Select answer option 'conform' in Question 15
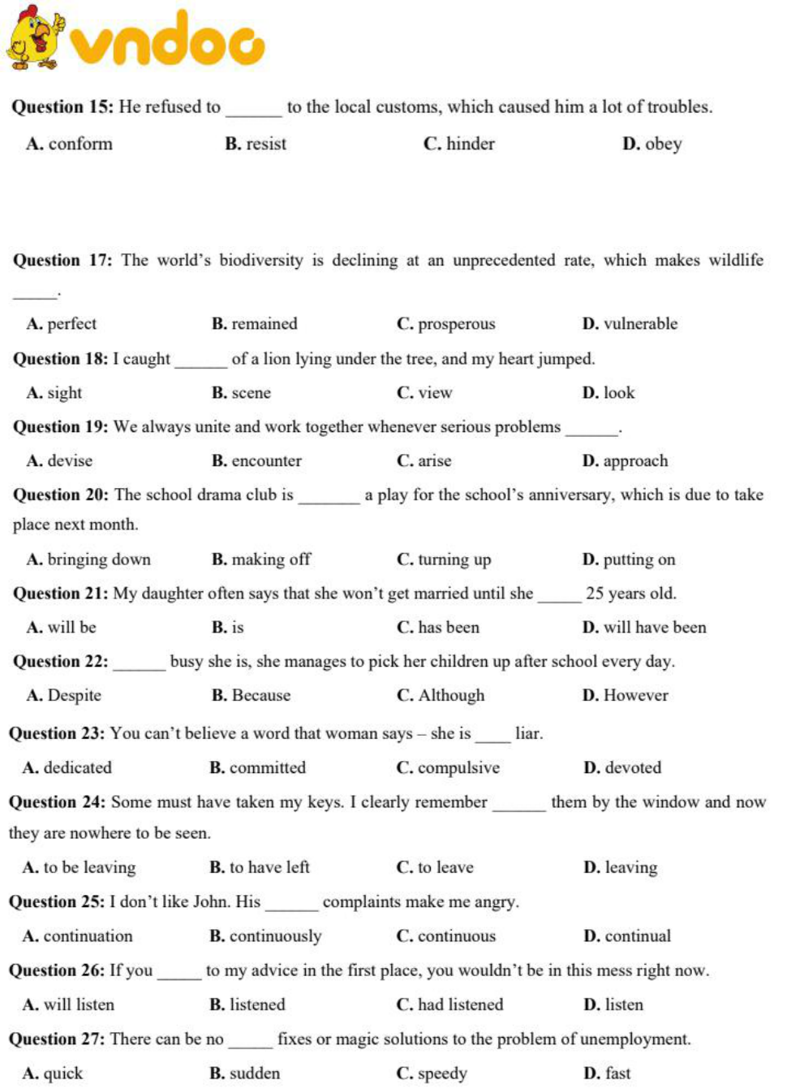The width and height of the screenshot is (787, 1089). click(80, 145)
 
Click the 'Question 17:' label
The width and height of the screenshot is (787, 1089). click(62, 261)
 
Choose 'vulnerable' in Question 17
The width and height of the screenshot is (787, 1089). click(640, 324)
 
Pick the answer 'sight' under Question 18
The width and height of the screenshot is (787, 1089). click(64, 393)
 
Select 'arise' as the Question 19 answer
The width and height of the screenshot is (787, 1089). click(434, 461)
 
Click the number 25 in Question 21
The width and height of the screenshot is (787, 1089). click(595, 594)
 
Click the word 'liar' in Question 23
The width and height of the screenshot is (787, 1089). click(527, 734)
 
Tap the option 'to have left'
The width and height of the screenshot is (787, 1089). click(269, 867)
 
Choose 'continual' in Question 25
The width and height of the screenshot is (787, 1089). click(637, 936)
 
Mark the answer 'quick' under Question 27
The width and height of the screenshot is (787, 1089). click(62, 1074)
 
